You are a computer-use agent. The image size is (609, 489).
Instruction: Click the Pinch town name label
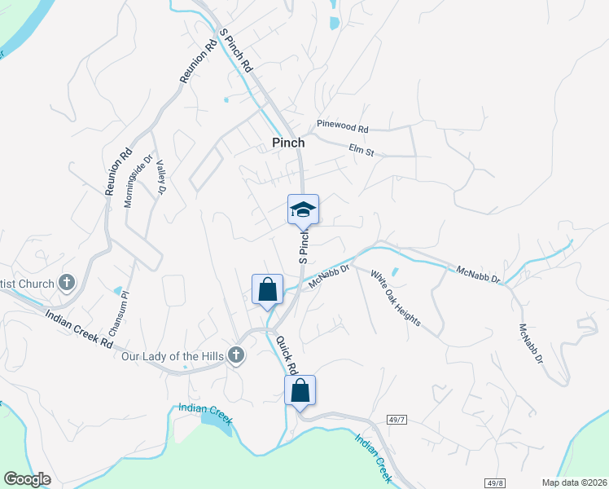click(x=287, y=143)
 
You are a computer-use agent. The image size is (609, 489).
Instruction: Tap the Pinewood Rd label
click(x=343, y=128)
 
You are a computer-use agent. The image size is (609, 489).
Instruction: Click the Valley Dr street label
click(x=160, y=177)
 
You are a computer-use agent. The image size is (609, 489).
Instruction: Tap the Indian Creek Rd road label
click(x=78, y=328)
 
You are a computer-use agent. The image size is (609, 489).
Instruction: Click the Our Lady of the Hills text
click(x=172, y=355)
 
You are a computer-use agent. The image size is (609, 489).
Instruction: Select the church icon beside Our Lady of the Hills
click(x=236, y=355)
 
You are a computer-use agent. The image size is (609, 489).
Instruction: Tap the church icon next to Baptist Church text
click(x=67, y=284)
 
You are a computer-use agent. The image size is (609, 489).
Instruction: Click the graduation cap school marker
click(x=303, y=209)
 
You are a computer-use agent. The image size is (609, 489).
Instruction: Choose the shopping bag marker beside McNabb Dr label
click(x=268, y=289)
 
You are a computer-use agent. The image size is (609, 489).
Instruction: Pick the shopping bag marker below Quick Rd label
click(x=300, y=390)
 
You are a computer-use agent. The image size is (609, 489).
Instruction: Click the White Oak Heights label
click(x=396, y=298)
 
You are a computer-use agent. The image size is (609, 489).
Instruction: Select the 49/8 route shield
click(x=493, y=482)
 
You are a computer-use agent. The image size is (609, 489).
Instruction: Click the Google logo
click(x=27, y=479)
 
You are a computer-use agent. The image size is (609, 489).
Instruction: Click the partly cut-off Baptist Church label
click(x=27, y=284)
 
